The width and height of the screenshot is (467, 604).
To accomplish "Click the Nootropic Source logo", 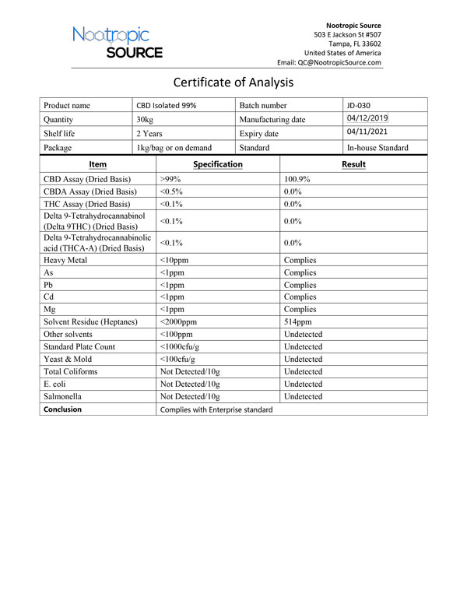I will pos(118,42).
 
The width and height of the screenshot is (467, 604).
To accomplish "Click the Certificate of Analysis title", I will pos(233,83).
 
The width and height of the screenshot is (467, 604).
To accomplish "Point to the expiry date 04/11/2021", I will pos(367,133).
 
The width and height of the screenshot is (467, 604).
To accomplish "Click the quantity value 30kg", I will pos(145,120).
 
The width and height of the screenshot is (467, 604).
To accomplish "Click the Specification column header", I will pos(217,164).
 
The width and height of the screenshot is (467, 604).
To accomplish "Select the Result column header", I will pos(353,164).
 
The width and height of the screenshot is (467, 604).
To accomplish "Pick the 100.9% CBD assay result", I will pos(297,179).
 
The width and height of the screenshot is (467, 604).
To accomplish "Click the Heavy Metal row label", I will pos(65,260).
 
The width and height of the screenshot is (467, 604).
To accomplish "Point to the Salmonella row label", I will pos(63,396).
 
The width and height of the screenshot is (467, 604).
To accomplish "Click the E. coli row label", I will pos(57,384).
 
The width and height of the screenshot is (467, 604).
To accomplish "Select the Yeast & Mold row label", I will pos(68,359).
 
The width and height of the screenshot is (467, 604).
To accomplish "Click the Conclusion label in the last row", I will pos(62,409).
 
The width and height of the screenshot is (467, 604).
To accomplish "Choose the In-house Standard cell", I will pos(377,147).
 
